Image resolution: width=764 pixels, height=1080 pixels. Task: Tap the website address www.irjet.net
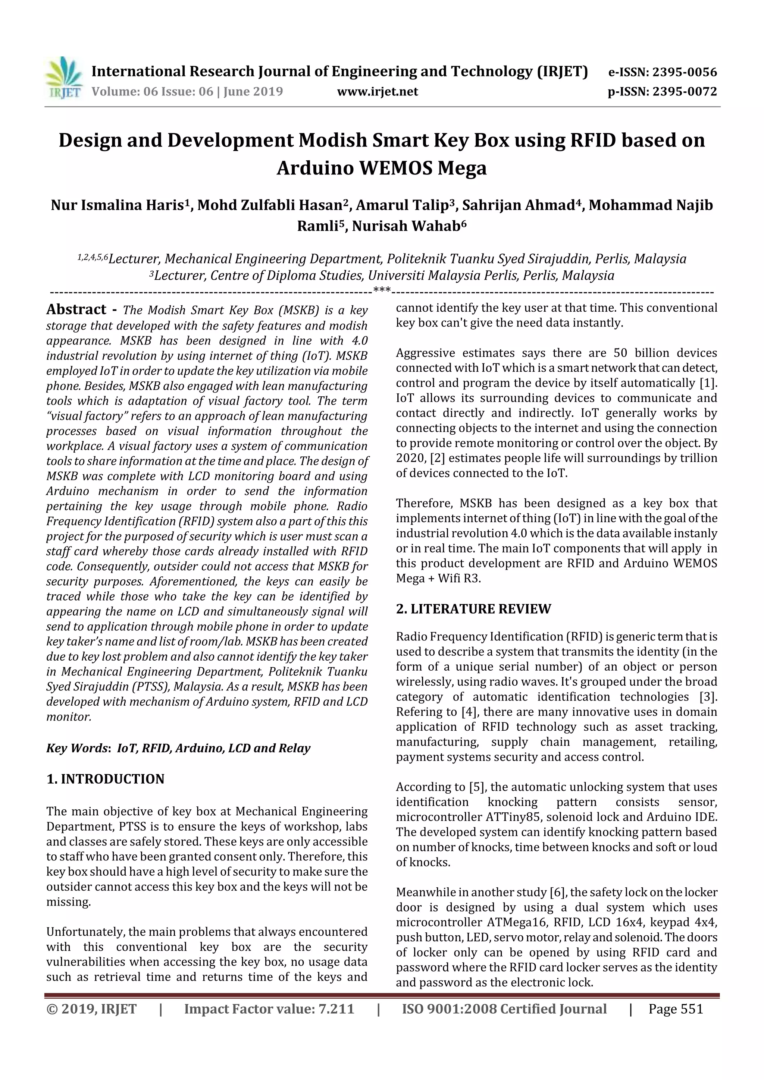tap(378, 91)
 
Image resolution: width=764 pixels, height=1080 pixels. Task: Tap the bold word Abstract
tap(76, 309)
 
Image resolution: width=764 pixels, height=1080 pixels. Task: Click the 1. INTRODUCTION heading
tap(106, 779)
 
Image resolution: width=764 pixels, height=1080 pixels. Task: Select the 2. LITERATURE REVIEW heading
tap(473, 609)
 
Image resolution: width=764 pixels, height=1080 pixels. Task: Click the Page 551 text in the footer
tap(676, 1009)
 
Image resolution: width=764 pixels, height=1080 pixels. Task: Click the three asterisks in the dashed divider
tap(382, 290)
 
